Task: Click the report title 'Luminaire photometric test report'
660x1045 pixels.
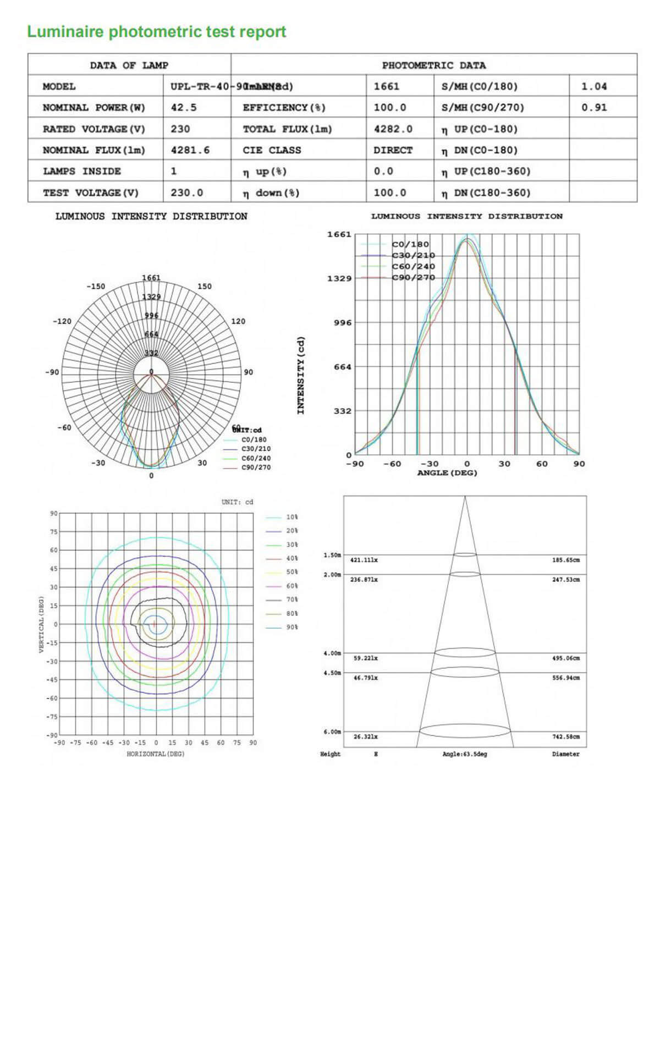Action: [156, 32]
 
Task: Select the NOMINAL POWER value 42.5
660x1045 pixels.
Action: [183, 108]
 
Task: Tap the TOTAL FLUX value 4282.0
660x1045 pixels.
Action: [393, 129]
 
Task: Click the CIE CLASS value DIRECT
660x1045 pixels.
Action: [392, 150]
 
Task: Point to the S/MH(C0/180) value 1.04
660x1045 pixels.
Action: [594, 86]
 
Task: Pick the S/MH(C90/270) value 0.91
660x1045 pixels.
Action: [594, 108]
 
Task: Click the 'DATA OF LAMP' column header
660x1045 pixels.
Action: [129, 65]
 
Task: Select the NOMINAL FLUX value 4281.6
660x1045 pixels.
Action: [190, 150]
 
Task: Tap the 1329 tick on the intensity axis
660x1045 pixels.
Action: [339, 278]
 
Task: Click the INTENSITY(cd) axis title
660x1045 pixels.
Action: [300, 375]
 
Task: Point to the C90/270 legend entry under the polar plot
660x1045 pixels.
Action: [256, 468]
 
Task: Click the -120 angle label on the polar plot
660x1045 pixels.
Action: [62, 321]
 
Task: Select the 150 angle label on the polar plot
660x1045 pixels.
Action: [204, 287]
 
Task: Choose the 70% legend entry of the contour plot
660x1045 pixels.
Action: [291, 600]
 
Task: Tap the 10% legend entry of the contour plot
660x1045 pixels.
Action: [291, 518]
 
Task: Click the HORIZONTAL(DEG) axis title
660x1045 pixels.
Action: [156, 754]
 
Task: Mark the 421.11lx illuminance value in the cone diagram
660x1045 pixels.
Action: [364, 560]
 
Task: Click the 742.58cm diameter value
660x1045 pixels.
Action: [566, 737]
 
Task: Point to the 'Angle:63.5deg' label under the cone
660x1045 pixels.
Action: [465, 754]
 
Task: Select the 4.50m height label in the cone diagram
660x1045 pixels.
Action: [332, 673]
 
